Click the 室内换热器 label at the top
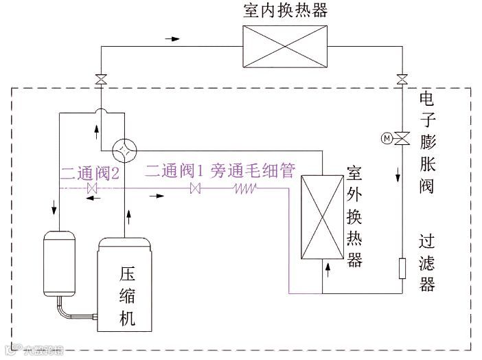coord(286,10)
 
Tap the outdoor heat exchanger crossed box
coord(321,216)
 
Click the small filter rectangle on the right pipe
coord(402,268)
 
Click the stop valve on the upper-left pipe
coord(101,80)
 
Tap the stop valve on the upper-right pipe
coord(402,80)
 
